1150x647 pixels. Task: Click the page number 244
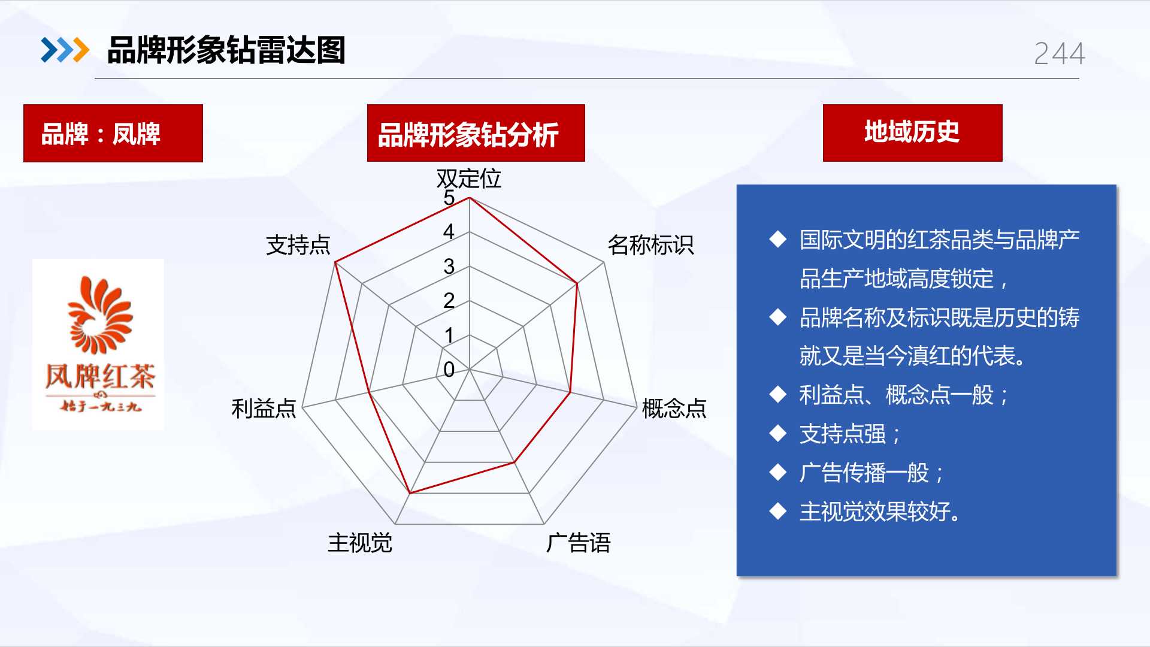(x=1059, y=54)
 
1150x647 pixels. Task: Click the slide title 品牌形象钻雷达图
(x=226, y=50)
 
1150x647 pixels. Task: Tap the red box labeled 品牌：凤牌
(x=113, y=133)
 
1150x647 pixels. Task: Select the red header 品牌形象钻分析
(x=476, y=133)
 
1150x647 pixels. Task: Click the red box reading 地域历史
(x=912, y=132)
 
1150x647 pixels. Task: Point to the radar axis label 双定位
(x=468, y=179)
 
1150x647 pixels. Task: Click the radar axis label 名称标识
(x=650, y=245)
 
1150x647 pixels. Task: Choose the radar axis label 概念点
(x=674, y=408)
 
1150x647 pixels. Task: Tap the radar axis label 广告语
(x=578, y=543)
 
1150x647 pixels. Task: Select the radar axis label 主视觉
(x=360, y=543)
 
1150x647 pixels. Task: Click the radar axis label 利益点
(x=264, y=408)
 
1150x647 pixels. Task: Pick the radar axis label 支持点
(x=298, y=245)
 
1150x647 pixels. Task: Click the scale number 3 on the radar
(x=449, y=267)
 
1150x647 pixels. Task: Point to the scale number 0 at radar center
(x=449, y=370)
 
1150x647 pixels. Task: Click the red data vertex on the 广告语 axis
(x=514, y=462)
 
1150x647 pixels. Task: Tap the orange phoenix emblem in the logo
(x=99, y=315)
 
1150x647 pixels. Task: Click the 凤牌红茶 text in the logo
(x=100, y=377)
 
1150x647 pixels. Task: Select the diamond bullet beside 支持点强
(x=778, y=433)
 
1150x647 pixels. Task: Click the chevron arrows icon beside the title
(x=65, y=50)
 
